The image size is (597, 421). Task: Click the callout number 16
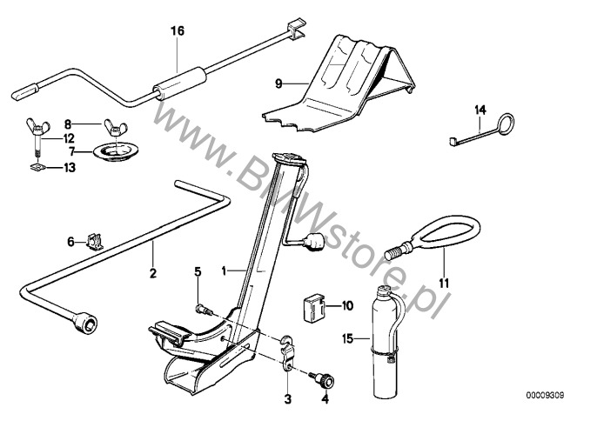coord(178,30)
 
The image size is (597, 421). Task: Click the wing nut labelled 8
coord(115,127)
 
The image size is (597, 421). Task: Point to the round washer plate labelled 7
coord(116,152)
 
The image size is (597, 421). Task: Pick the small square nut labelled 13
coord(37,166)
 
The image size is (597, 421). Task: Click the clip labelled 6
coord(94,242)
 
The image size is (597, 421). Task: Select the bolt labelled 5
coord(204,309)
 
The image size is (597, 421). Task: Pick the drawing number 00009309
coord(545,395)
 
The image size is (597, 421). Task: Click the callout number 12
coord(69,138)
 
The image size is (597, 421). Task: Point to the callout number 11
coord(444,284)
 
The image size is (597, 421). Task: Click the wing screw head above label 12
coord(37,126)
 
